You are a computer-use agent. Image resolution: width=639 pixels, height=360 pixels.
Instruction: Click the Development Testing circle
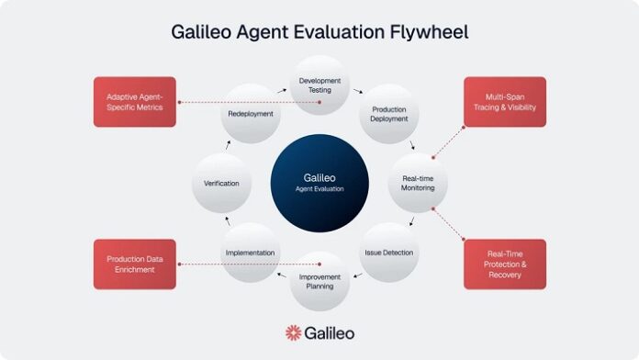pyautogui.click(x=319, y=85)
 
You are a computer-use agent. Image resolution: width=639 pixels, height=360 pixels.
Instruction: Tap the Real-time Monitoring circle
pyautogui.click(x=418, y=182)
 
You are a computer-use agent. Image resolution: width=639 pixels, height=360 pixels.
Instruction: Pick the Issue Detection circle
pyautogui.click(x=389, y=252)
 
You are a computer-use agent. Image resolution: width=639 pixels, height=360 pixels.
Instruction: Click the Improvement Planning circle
pyautogui.click(x=319, y=281)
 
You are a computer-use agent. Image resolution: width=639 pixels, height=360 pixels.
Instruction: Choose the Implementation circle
pyautogui.click(x=250, y=252)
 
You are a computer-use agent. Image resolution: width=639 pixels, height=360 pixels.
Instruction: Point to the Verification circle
pyautogui.click(x=220, y=183)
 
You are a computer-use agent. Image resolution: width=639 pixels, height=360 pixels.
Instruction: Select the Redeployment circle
pyautogui.click(x=250, y=114)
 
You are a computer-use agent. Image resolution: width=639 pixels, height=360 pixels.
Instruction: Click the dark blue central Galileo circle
pyautogui.click(x=319, y=182)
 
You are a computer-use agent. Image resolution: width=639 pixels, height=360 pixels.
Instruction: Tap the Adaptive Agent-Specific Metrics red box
pyautogui.click(x=134, y=101)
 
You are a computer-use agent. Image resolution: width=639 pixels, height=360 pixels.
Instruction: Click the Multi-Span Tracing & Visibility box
pyautogui.click(x=504, y=101)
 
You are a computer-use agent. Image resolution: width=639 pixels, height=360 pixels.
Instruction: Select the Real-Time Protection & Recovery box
pyautogui.click(x=504, y=264)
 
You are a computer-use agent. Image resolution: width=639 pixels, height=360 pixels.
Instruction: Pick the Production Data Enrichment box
pyautogui.click(x=134, y=264)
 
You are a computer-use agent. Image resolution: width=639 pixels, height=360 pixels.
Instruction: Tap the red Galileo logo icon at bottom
pyautogui.click(x=293, y=332)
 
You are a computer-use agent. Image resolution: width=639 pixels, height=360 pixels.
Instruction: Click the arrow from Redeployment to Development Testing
pyautogui.click(x=282, y=92)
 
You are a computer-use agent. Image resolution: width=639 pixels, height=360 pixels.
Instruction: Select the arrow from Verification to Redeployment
pyautogui.click(x=228, y=144)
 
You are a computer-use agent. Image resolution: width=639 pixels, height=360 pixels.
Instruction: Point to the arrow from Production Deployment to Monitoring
pyautogui.click(x=412, y=145)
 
